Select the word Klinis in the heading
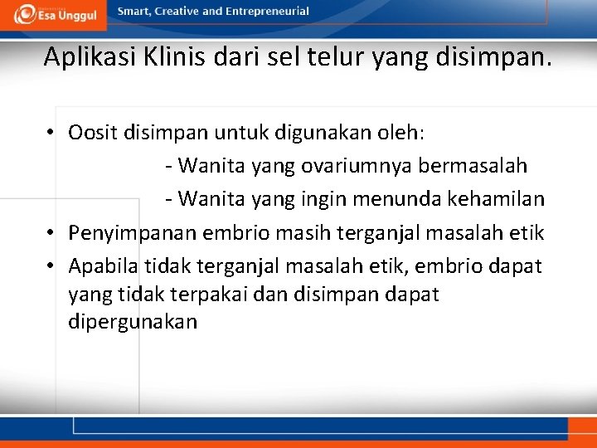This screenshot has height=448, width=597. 170,57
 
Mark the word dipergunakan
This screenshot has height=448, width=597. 133,321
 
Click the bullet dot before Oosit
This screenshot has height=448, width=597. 51,133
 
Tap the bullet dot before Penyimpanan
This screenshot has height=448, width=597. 51,233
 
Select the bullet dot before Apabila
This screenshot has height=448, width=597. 51,266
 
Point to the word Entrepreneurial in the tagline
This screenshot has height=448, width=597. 269,12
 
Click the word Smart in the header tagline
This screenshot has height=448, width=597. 133,12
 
